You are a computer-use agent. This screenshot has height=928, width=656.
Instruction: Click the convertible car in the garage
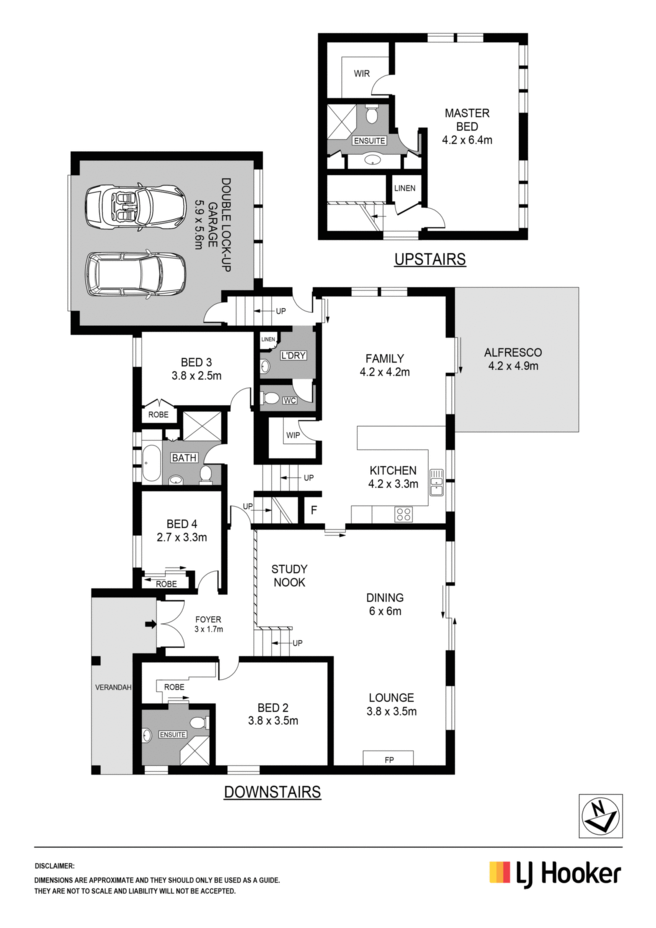pyautogui.click(x=135, y=206)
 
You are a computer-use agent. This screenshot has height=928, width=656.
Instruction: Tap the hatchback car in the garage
pyautogui.click(x=135, y=274)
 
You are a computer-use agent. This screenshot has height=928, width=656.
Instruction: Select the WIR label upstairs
pyautogui.click(x=362, y=73)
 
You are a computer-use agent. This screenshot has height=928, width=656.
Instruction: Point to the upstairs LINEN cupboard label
pyautogui.click(x=405, y=188)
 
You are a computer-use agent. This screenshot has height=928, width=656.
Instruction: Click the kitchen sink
pyautogui.click(x=437, y=483)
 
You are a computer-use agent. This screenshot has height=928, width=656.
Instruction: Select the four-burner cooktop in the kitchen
pyautogui.click(x=404, y=514)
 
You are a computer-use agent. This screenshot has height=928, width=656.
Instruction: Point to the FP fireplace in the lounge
pyautogui.click(x=389, y=758)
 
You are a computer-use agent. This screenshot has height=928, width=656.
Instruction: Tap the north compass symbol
pyautogui.click(x=601, y=816)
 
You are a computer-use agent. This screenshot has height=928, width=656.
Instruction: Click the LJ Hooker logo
pyautogui.click(x=555, y=875)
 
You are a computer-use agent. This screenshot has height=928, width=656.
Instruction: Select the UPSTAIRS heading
pyautogui.click(x=430, y=260)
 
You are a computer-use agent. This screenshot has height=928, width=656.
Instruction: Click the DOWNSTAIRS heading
pyautogui.click(x=272, y=792)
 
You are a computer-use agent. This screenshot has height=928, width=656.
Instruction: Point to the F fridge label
pyautogui.click(x=314, y=510)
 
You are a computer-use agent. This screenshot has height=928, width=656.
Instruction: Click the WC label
pyautogui.click(x=290, y=400)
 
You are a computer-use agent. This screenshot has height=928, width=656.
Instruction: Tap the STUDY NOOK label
pyautogui.click(x=289, y=576)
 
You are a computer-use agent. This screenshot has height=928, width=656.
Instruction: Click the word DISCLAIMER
pyautogui.click(x=54, y=866)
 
